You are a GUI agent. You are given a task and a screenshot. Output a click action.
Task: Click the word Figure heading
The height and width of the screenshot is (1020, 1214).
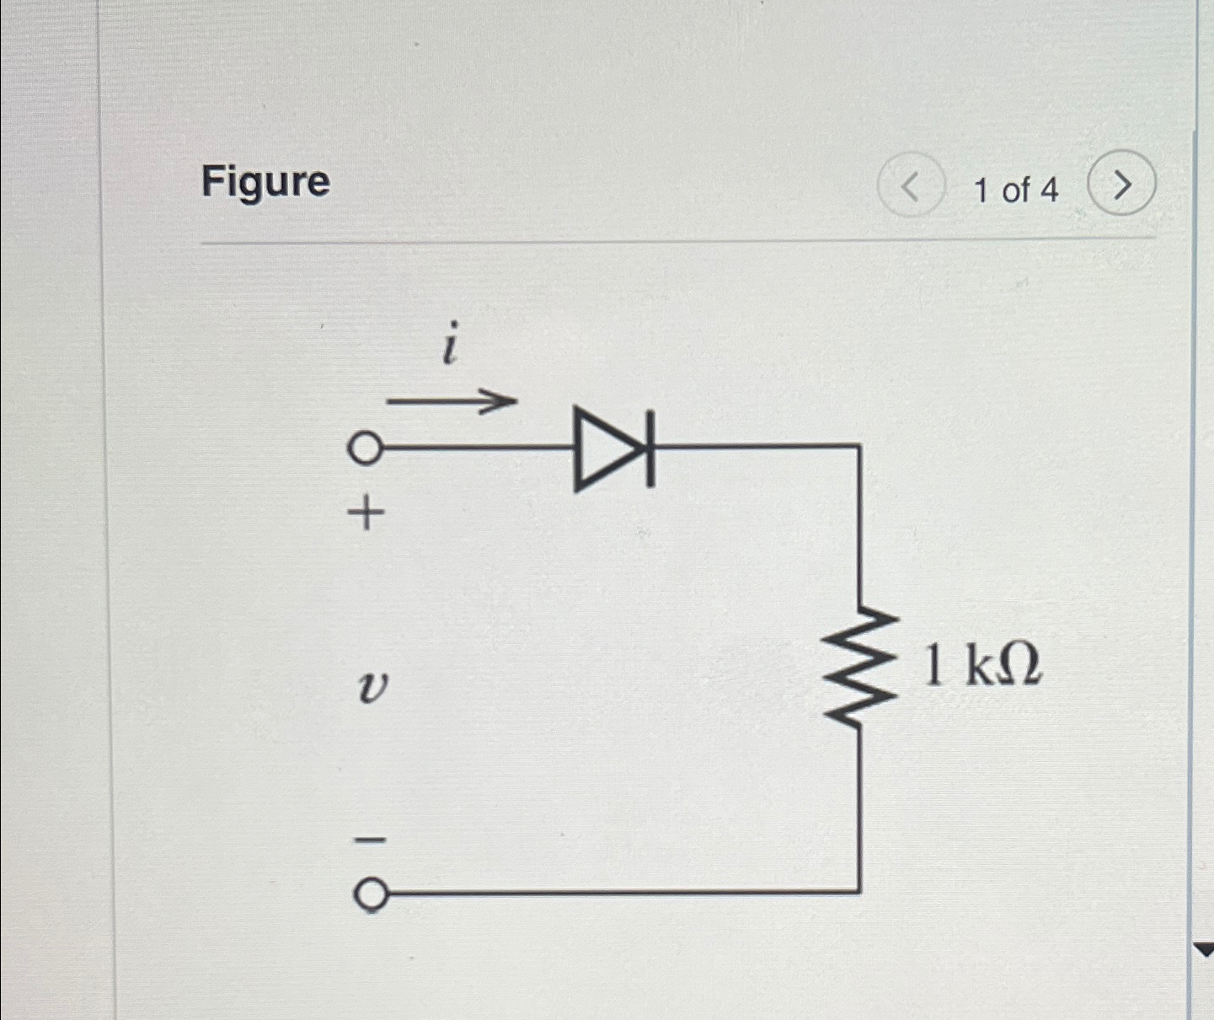coord(265,182)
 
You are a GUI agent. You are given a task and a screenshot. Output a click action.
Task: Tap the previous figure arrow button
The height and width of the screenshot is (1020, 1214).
coord(910,185)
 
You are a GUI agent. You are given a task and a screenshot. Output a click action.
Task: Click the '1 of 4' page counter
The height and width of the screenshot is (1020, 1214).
coord(1015,191)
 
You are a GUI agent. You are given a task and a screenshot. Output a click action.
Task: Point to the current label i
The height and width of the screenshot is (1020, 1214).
coord(451,344)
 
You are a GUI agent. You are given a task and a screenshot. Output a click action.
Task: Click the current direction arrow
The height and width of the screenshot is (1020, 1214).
coord(452,401)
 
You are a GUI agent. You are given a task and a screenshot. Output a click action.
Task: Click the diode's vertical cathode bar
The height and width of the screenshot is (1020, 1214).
coord(650,448)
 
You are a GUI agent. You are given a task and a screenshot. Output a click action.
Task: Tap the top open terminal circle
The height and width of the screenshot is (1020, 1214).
coord(365,448)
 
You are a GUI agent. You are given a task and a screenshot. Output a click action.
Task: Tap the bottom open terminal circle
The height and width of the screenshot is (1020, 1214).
coord(370,894)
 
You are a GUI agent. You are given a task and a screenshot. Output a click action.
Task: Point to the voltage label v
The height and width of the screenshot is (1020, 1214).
coord(372,688)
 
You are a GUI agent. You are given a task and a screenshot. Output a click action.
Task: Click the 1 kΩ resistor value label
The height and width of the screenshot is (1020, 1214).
coord(982,665)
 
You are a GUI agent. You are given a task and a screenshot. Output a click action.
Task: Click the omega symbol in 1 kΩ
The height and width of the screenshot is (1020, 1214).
coord(1020,665)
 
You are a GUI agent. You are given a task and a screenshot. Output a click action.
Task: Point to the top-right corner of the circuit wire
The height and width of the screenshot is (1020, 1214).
coord(858,446)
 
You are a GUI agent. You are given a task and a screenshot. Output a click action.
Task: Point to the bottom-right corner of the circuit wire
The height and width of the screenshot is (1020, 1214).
coord(858,890)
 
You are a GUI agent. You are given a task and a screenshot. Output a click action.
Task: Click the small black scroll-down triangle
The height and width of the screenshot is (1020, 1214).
coord(1204,950)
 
